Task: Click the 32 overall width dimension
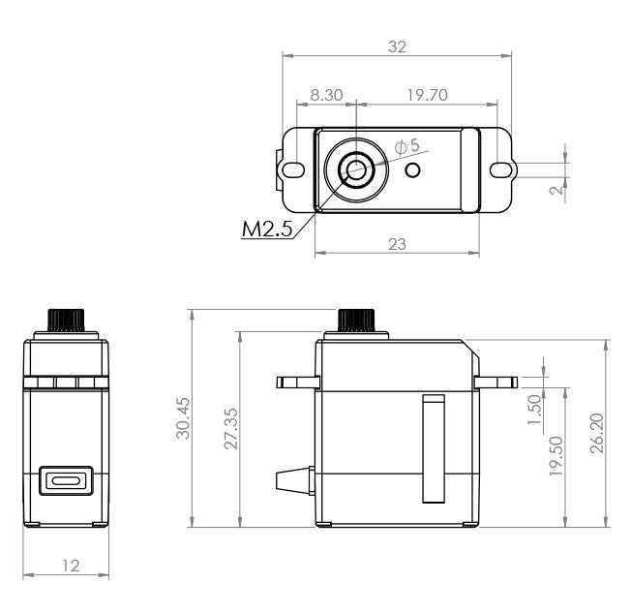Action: click(x=396, y=46)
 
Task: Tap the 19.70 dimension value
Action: click(x=427, y=95)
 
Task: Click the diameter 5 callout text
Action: click(x=407, y=146)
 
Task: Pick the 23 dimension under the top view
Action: click(x=396, y=244)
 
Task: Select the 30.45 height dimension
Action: click(x=181, y=417)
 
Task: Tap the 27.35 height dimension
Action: click(x=227, y=429)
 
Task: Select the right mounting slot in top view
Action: click(x=500, y=170)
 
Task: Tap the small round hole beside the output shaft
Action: click(x=413, y=170)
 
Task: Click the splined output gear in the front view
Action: click(x=66, y=319)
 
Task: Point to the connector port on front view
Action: click(x=66, y=481)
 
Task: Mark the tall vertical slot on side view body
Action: click(x=433, y=448)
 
